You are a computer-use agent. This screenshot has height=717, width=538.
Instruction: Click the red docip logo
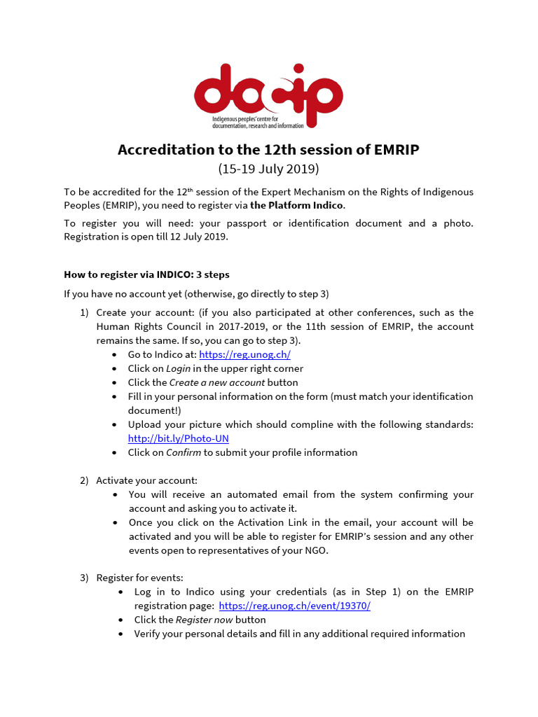(268, 96)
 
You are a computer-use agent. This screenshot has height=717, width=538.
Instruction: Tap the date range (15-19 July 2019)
(268, 169)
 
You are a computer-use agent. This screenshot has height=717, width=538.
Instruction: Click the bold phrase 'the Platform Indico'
(297, 205)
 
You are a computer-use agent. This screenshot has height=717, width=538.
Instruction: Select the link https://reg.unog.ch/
(244, 355)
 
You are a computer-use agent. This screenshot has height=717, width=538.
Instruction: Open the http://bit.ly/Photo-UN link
(178, 438)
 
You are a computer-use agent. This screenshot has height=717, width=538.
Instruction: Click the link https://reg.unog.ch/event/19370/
(294, 606)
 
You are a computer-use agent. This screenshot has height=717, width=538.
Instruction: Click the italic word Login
(178, 368)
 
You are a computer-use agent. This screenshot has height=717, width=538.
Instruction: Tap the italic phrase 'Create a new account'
(217, 382)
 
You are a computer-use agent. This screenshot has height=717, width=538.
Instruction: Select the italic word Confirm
(184, 452)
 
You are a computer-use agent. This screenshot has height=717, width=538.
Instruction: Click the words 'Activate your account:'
(147, 480)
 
